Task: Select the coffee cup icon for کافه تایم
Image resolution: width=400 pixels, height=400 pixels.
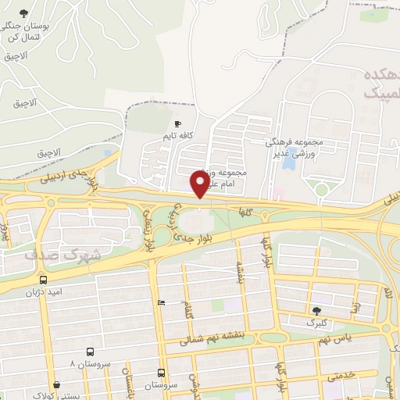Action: [177, 123]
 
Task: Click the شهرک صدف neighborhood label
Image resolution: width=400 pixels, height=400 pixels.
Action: [52, 255]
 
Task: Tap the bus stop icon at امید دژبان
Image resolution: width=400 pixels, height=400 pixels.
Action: [43, 279]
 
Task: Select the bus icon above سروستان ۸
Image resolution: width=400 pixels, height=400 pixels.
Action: [90, 352]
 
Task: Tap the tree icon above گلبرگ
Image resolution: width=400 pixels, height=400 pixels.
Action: [316, 310]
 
